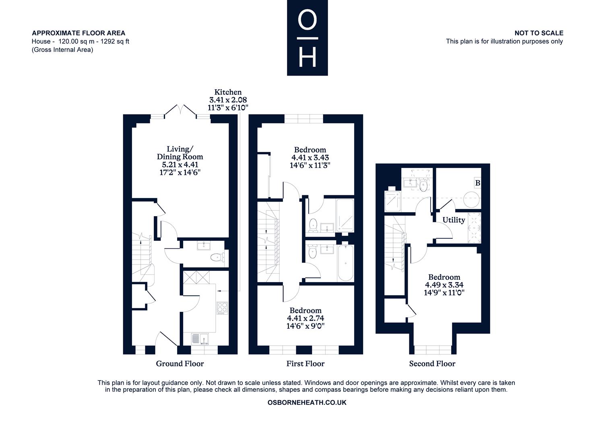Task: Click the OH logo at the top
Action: [x=307, y=37]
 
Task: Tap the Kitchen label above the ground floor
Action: [x=228, y=92]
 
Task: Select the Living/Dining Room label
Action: [x=180, y=153]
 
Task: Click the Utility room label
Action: [x=454, y=220]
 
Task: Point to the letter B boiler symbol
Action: [x=478, y=183]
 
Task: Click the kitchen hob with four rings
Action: [x=222, y=308]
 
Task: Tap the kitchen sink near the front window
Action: [x=200, y=339]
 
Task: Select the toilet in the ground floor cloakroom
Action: [x=217, y=258]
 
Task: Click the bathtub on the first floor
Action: [x=345, y=263]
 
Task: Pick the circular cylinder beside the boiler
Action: [x=471, y=199]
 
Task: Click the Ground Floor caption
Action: [x=180, y=364]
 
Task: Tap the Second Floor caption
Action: [x=432, y=364]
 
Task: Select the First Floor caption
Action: [x=305, y=364]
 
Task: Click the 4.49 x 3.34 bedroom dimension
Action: [x=444, y=285]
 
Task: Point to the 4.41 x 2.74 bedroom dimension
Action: [x=305, y=318]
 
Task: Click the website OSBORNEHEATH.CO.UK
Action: [x=307, y=403]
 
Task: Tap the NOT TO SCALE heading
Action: [x=539, y=33]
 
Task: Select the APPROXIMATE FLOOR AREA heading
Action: [x=78, y=33]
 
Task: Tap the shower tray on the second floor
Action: [x=392, y=201]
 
